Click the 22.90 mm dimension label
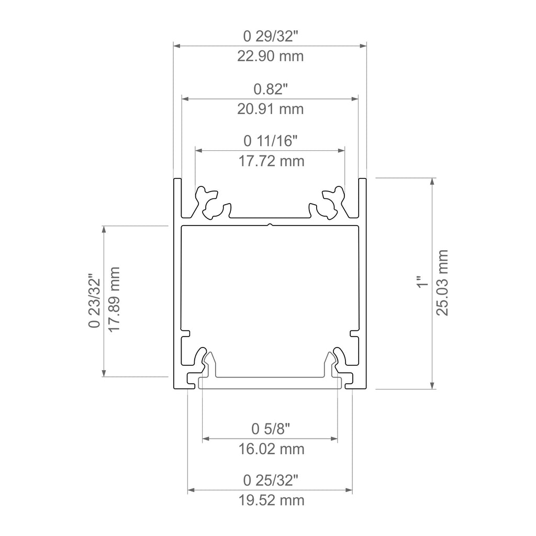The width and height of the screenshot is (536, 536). click(271, 56)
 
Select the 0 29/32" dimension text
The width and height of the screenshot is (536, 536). click(271, 37)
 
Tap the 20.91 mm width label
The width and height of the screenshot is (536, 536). click(271, 109)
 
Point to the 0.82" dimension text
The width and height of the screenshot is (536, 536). click(271, 90)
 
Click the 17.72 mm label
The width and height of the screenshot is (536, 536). click(271, 161)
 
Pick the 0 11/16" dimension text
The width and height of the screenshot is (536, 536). click(271, 141)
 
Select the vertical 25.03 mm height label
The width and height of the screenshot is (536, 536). click(443, 283)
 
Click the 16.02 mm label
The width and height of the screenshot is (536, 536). click(271, 449)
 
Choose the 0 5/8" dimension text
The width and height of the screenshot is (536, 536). click(271, 429)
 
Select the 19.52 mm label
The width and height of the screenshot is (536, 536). click(271, 500)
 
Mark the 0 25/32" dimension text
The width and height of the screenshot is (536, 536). click(271, 481)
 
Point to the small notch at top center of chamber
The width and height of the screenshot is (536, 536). click(270, 225)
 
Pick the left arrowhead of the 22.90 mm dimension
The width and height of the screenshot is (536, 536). click(177, 46)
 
